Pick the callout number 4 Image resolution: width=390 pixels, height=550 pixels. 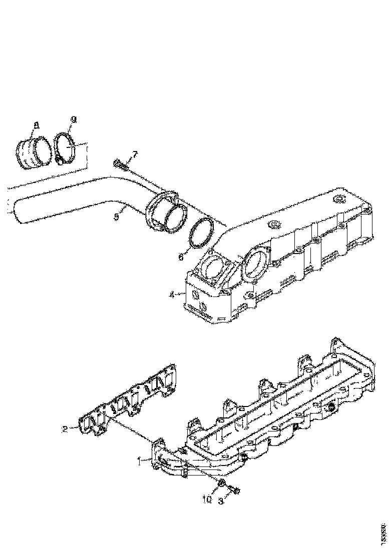(172, 294)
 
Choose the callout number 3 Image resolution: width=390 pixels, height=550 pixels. (221, 500)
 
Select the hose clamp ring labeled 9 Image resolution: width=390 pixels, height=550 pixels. (66, 147)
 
